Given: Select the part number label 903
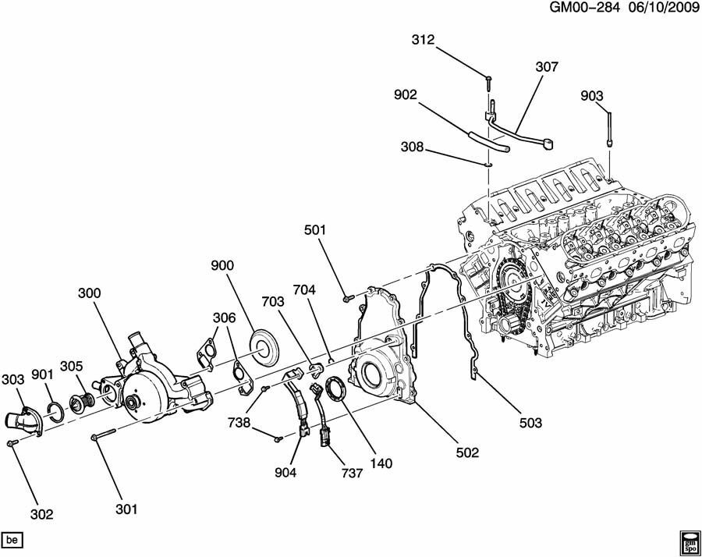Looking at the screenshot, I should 592,96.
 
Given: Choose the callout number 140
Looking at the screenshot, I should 381,463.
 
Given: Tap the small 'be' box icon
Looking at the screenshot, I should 12,540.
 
